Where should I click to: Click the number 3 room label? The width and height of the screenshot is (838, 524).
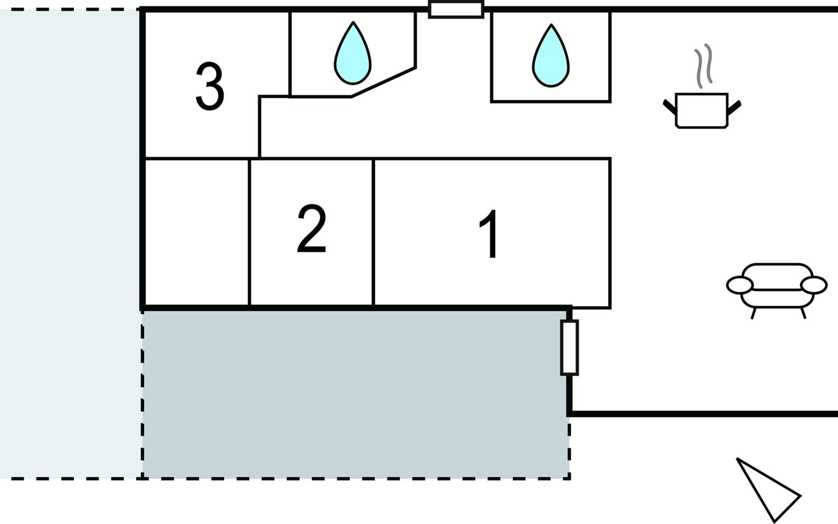(210, 86)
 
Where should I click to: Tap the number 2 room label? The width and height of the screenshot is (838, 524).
(311, 228)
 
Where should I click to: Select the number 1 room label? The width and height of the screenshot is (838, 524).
(490, 234)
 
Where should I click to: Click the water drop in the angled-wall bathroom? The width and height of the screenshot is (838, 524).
(353, 54)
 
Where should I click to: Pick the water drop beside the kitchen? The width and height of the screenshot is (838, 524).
(551, 57)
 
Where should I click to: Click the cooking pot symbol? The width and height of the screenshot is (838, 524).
(701, 110)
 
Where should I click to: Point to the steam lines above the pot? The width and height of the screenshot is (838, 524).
(703, 65)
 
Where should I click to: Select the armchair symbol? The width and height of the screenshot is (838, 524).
(777, 288)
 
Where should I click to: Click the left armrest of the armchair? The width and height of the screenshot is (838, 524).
(740, 285)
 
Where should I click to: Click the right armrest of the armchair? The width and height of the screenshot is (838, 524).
(814, 285)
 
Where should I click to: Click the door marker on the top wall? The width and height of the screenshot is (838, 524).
(456, 10)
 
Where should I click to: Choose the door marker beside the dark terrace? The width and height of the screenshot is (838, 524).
(570, 348)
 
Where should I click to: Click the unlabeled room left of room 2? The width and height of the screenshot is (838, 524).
(197, 232)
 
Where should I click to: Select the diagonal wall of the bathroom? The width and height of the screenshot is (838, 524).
(383, 82)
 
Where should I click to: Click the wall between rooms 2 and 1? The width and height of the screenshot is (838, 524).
(374, 232)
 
